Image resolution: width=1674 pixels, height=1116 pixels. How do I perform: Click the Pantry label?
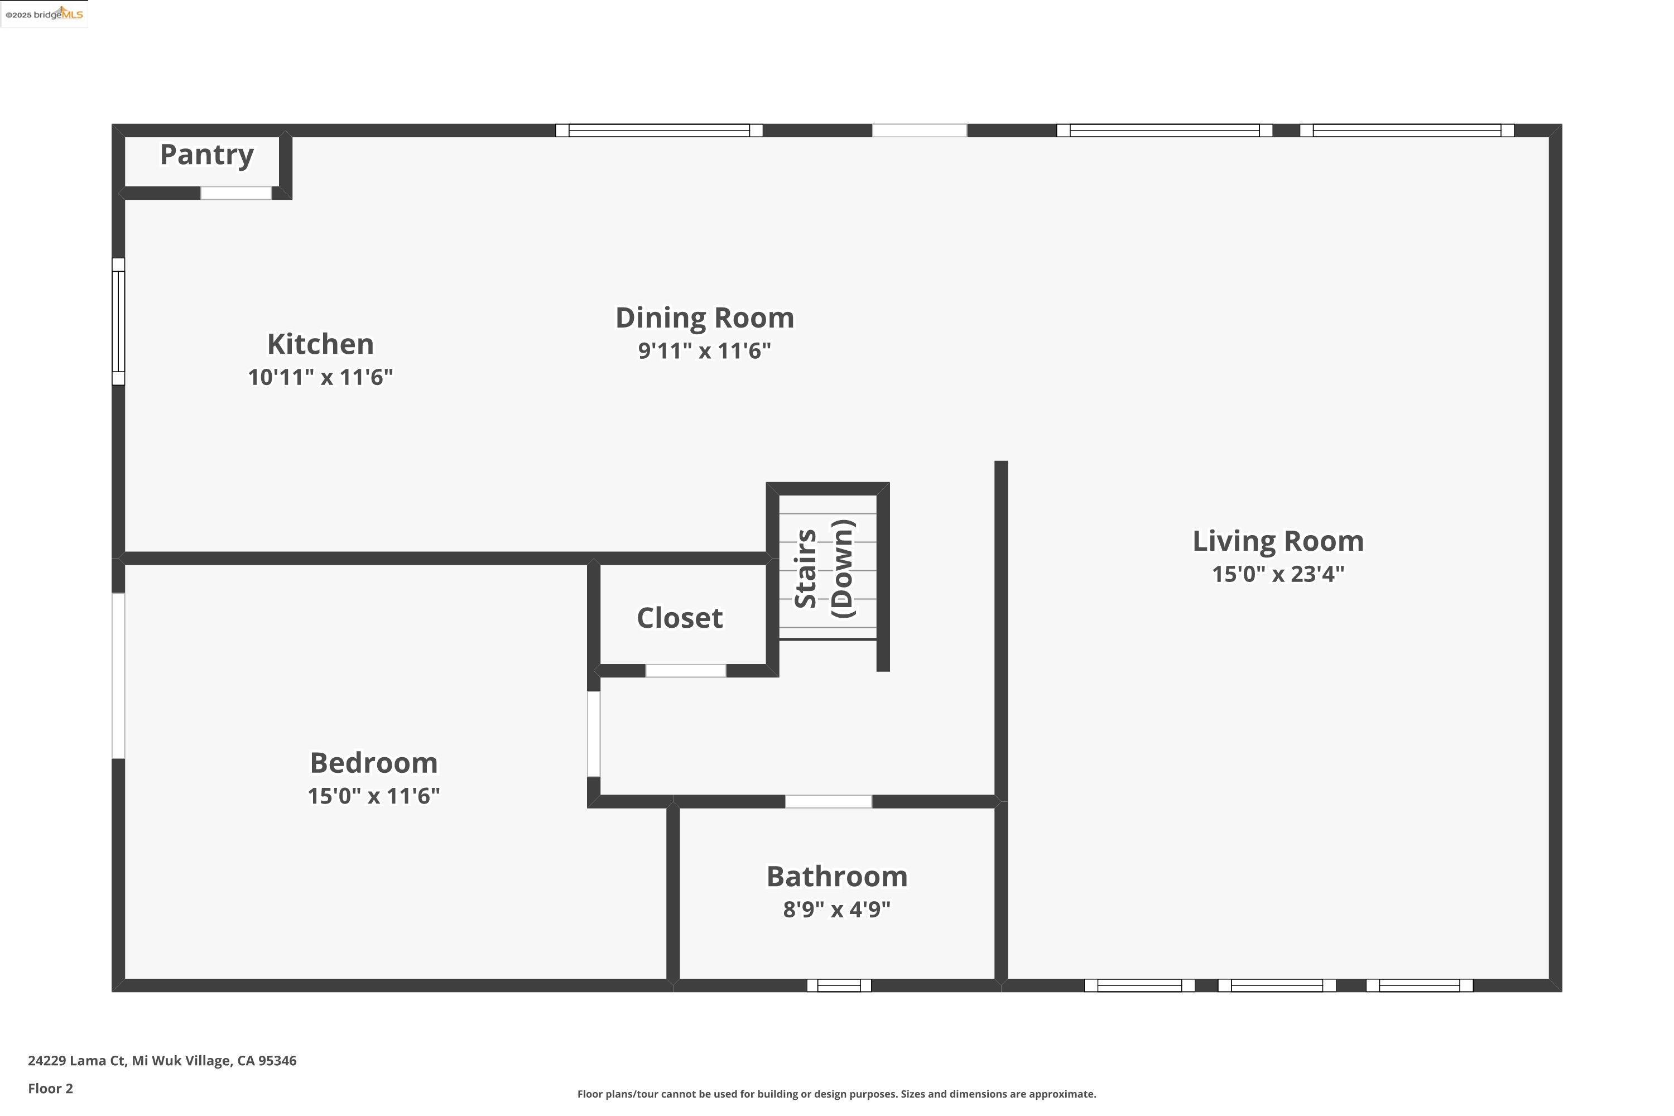coord(206,155)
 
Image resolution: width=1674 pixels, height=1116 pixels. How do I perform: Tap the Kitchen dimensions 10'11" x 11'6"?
coord(320,377)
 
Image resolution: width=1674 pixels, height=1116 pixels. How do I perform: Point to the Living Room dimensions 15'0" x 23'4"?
coord(1278,574)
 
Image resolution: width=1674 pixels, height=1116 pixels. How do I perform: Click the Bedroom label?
coord(374,762)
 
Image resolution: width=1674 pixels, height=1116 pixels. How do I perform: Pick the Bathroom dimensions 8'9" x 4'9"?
coord(836,909)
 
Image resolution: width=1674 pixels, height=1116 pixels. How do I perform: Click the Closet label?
coord(679,617)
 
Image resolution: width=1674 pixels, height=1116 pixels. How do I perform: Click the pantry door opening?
coord(235,193)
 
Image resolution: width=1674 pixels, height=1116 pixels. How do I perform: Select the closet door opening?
coord(685,671)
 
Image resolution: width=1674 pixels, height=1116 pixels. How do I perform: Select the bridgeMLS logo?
coord(44,15)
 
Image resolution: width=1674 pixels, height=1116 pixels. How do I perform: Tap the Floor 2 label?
coord(51,1088)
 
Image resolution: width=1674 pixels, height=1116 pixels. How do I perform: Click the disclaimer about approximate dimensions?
coord(836,1094)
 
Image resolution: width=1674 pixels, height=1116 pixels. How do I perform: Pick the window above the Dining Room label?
coord(658,130)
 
